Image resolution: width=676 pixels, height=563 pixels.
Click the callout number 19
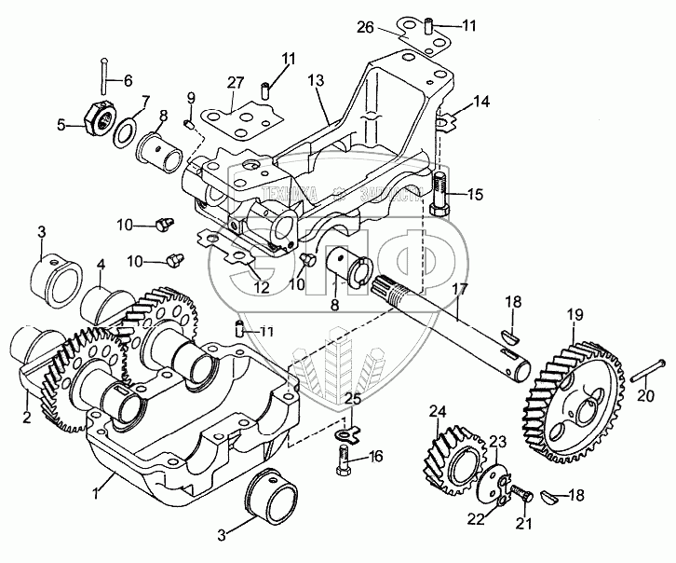click(x=574, y=316)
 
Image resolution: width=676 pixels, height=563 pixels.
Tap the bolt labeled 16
click(x=343, y=459)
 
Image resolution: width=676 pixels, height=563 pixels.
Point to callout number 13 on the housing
click(x=318, y=82)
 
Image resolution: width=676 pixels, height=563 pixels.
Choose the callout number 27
click(x=237, y=82)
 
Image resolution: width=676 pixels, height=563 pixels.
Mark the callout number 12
click(x=262, y=287)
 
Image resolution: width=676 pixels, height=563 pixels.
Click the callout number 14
click(x=480, y=101)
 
